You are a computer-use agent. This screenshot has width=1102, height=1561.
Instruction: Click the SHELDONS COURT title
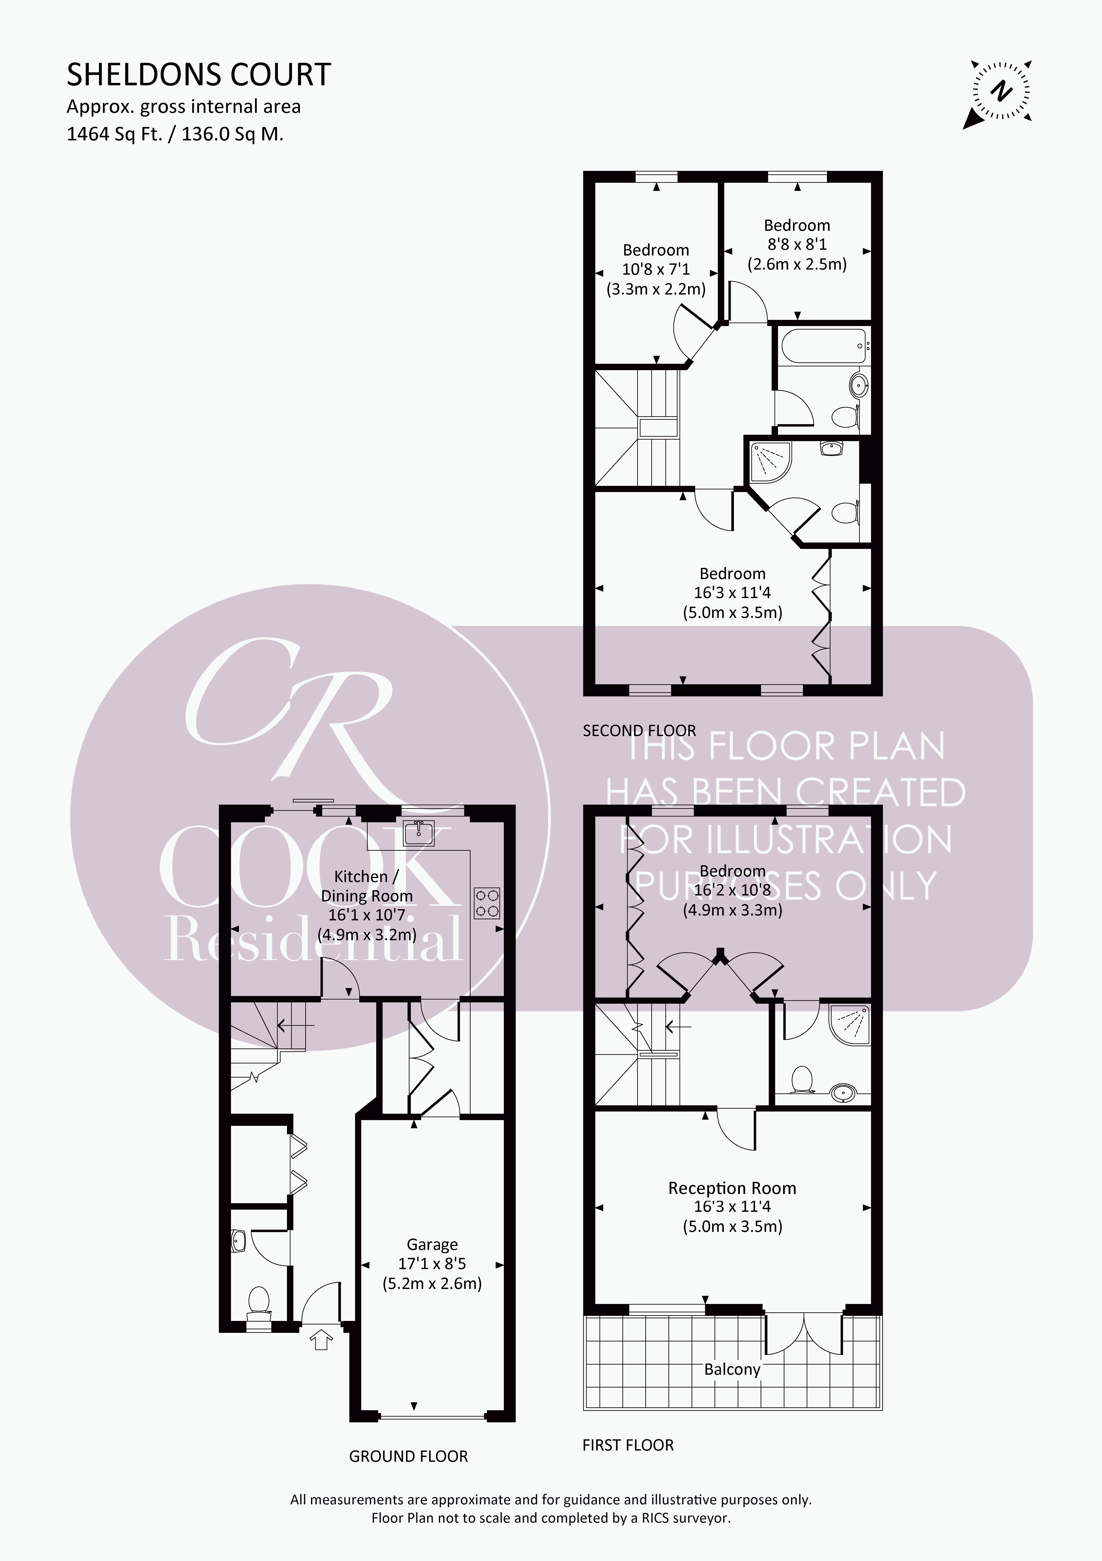coord(199,75)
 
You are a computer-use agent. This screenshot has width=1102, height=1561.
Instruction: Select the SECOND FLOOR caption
coord(639,730)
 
